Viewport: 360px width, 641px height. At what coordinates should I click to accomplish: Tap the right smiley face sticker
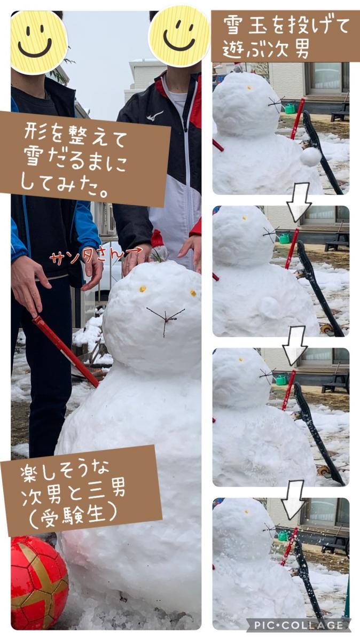point(179,36)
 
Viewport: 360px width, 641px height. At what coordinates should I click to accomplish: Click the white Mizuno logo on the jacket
point(154,115)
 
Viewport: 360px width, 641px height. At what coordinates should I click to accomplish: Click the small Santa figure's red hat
point(156,238)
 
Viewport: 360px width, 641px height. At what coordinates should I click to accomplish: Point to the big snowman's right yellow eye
point(193,293)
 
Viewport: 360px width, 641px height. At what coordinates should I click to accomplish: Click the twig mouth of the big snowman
point(166,319)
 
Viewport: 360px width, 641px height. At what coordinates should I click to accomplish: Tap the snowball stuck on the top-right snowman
point(311,157)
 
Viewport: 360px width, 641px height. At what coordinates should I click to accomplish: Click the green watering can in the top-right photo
point(289,108)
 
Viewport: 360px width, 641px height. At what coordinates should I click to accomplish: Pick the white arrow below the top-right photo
point(299,202)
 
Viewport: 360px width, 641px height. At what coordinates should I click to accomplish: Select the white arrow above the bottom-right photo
point(293,500)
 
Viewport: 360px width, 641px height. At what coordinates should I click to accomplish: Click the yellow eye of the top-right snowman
point(249,88)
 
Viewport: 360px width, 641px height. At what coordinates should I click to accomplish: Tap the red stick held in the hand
point(65,351)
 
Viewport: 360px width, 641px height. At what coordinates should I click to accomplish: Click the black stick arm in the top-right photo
point(322,153)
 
